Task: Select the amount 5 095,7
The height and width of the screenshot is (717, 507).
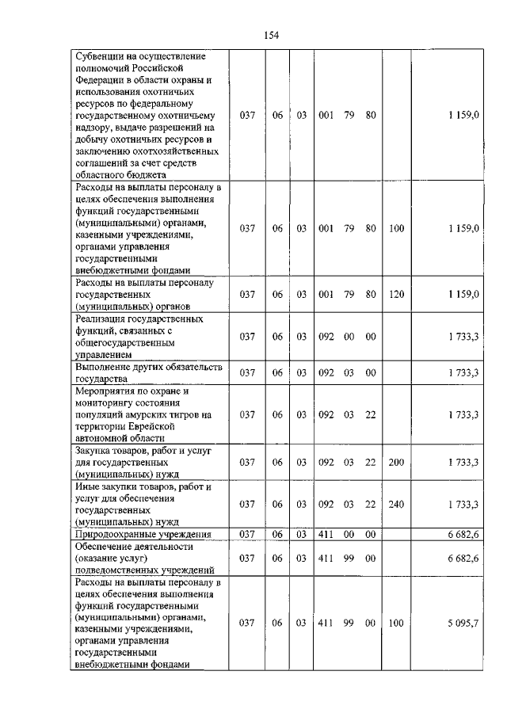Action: pyautogui.click(x=463, y=624)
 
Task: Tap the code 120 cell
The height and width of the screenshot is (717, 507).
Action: pyautogui.click(x=396, y=295)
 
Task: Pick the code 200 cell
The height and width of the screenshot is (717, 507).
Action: pyautogui.click(x=396, y=462)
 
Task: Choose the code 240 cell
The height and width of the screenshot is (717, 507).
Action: pyautogui.click(x=396, y=504)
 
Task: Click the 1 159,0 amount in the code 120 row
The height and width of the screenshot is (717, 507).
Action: pyautogui.click(x=463, y=295)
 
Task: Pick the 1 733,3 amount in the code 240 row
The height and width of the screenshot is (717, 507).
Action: pyautogui.click(x=463, y=504)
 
